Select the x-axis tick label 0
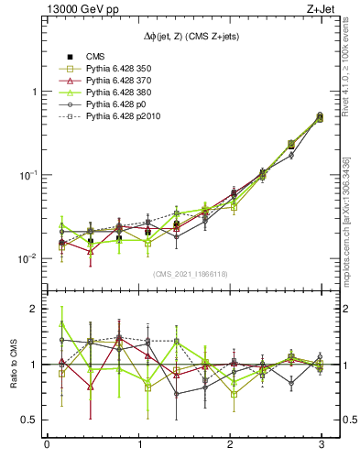coord(47,446)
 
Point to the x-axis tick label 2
coord(229,446)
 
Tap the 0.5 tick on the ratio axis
coord(30,420)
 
